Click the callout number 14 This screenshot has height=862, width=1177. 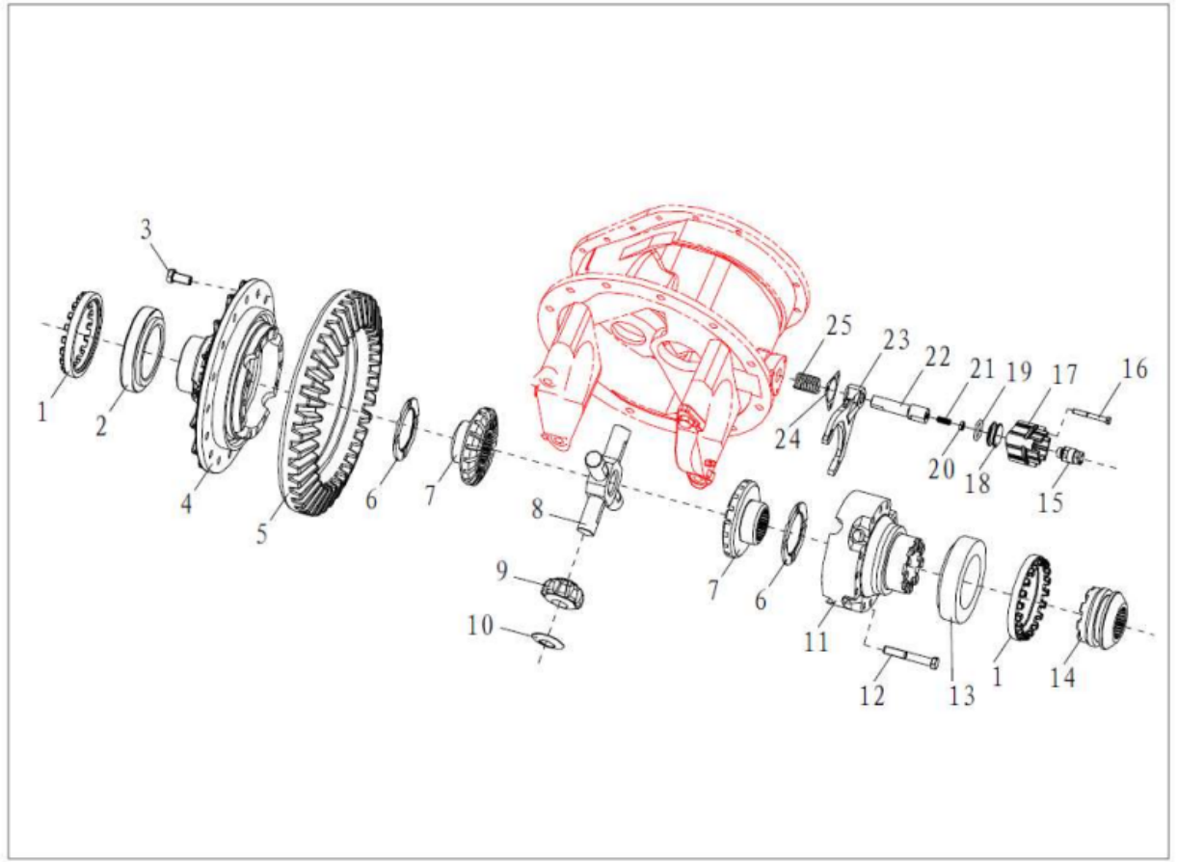click(x=1062, y=678)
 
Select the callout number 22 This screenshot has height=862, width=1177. click(x=937, y=359)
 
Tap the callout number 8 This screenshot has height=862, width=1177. click(x=536, y=509)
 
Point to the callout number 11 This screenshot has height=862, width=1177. click(x=816, y=642)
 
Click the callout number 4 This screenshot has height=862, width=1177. click(x=186, y=504)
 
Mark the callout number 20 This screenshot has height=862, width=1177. click(x=941, y=469)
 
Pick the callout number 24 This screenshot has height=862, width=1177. click(x=788, y=439)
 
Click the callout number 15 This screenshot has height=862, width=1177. click(x=1051, y=502)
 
